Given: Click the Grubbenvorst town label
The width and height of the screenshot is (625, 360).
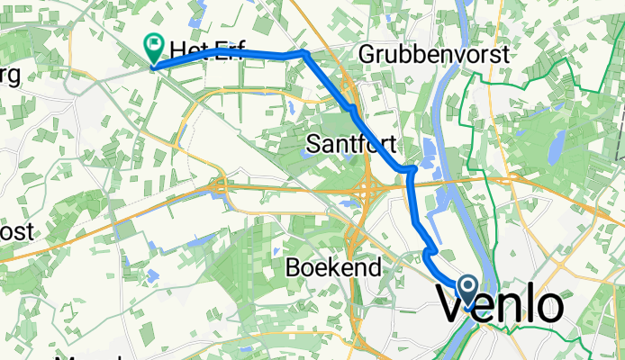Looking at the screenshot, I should pos(434,55).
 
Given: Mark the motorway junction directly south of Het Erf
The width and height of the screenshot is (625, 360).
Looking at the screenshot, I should pos(220,188).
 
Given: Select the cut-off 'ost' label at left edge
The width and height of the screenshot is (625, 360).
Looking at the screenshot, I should pos(16,231).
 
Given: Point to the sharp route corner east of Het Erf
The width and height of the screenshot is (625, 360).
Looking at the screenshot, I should pos(304,53).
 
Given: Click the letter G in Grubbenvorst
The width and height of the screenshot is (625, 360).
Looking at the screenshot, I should pos(366,55).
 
